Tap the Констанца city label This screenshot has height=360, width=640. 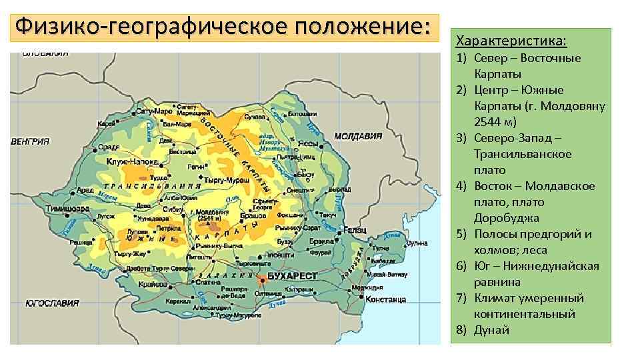coord(386,299)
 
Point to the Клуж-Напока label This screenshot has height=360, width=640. coord(132,162)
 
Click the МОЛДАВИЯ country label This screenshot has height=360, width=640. coord(358,136)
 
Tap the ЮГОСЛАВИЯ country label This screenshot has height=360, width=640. coord(52,303)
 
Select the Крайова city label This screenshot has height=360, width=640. coord(153,283)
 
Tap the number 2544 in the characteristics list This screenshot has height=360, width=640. coord(490,122)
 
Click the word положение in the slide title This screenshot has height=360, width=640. coord(359,27)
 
